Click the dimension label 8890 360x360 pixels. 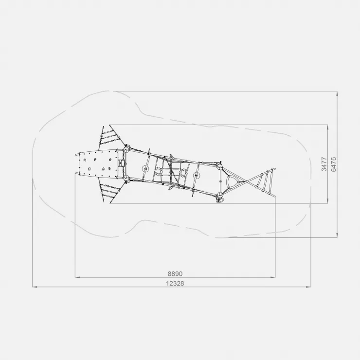pos(175,274)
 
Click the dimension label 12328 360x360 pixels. pos(175,283)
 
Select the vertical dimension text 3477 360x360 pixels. pos(324,164)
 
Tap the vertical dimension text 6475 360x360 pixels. pos(334,164)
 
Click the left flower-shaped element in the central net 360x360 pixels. pos(158,171)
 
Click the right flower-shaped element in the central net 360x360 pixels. pos(183,172)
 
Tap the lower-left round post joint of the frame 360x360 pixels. pos(126,178)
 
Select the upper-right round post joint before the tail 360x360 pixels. pos(219,166)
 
